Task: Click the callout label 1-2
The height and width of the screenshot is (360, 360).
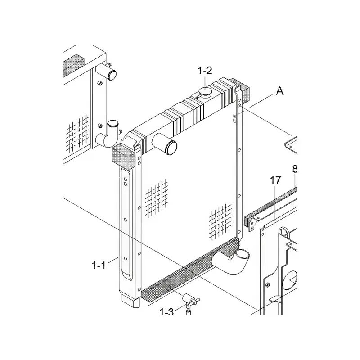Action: [x=205, y=71]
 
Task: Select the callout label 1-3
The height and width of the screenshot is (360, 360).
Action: [x=166, y=311]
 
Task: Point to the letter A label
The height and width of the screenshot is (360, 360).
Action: [x=279, y=91]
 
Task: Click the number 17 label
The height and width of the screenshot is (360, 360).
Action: [x=275, y=181]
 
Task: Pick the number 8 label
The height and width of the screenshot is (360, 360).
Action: [x=295, y=169]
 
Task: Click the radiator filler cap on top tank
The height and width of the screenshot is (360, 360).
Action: [x=205, y=94]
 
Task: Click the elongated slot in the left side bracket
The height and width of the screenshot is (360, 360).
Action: [x=127, y=225]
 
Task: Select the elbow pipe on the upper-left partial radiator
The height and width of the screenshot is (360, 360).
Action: [x=109, y=134]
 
